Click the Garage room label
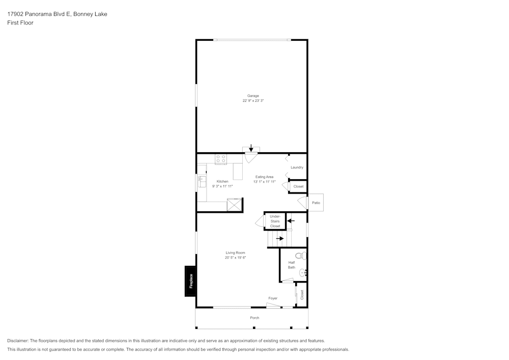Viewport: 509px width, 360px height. (253, 96)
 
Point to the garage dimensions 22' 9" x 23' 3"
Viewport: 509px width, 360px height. (253, 101)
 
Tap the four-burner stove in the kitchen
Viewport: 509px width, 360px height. (221, 159)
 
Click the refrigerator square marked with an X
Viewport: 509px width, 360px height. (235, 205)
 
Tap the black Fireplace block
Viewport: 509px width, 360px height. (190, 281)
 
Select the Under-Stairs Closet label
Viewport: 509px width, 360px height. (275, 221)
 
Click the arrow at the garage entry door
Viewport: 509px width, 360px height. (251, 148)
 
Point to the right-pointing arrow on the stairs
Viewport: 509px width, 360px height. (279, 238)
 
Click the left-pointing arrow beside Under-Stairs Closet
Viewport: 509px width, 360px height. (291, 221)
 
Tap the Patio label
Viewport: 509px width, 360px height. (316, 203)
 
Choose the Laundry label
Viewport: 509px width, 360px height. (297, 168)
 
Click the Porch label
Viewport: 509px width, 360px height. (254, 318)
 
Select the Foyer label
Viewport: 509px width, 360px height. (273, 298)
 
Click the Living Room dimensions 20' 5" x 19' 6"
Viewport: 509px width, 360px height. (235, 258)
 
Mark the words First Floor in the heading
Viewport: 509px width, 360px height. (20, 23)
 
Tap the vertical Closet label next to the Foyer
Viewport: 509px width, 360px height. (302, 294)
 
